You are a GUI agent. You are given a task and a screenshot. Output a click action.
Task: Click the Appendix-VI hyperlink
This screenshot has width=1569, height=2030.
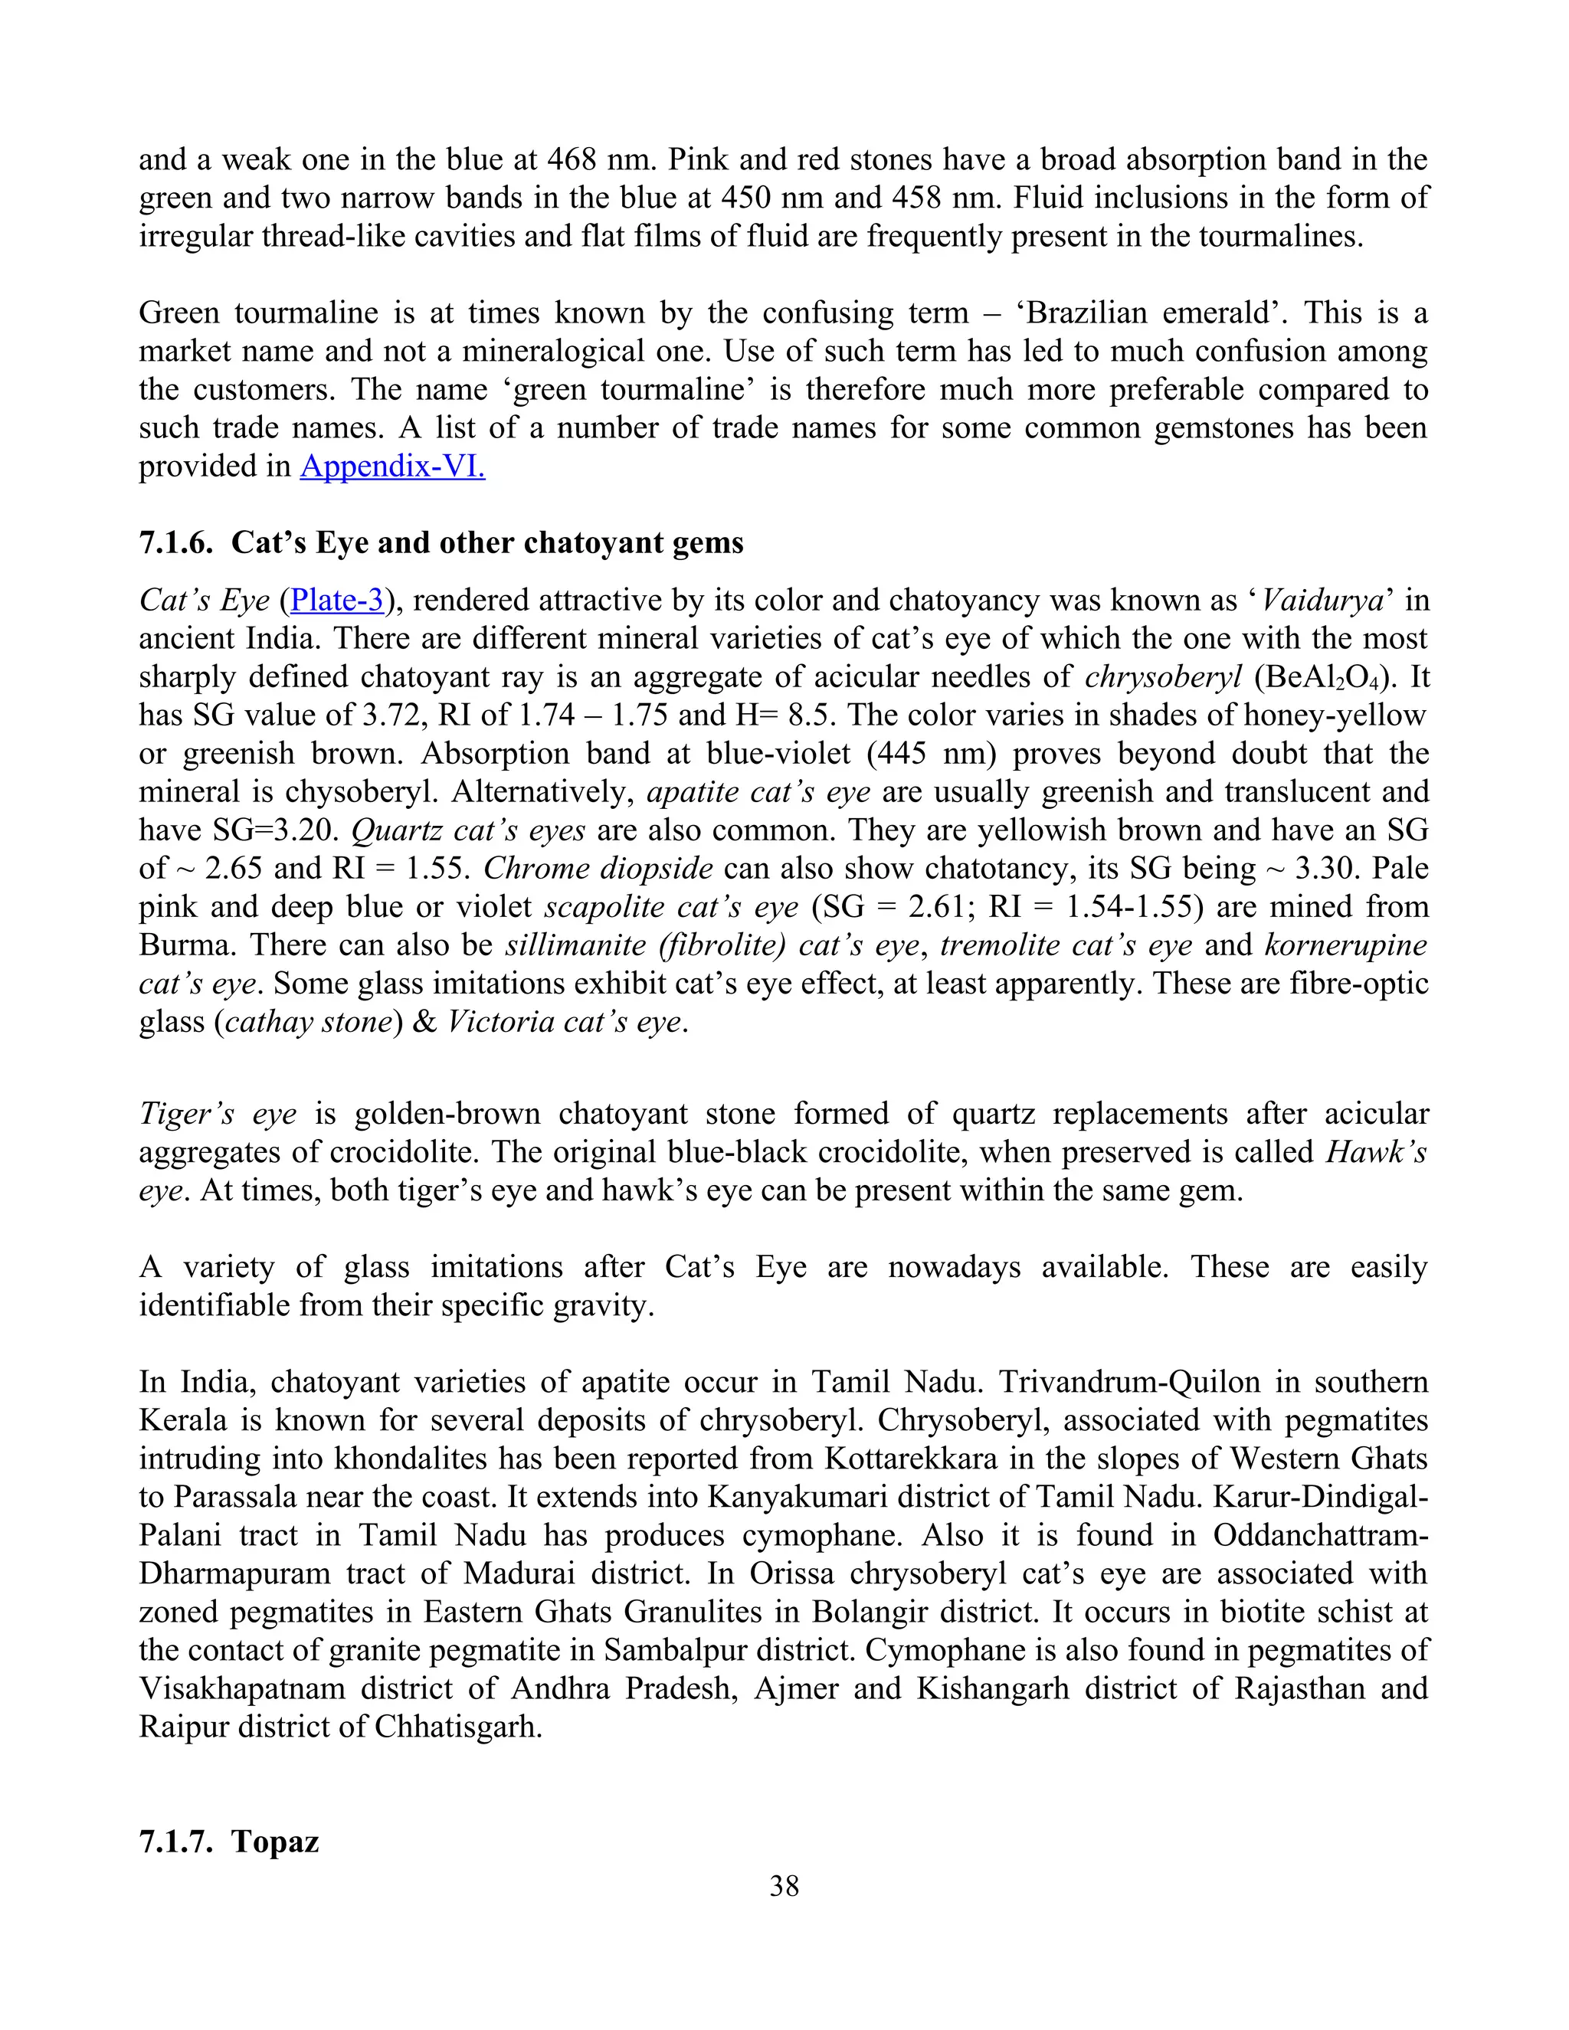(392, 466)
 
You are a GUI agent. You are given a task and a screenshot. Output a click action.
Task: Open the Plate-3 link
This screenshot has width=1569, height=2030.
(337, 601)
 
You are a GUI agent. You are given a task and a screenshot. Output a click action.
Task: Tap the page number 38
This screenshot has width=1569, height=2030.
(784, 1885)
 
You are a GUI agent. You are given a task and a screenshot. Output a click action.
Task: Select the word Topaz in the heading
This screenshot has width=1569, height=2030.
(275, 1840)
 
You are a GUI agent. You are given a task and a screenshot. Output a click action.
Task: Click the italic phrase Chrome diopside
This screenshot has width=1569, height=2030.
(598, 868)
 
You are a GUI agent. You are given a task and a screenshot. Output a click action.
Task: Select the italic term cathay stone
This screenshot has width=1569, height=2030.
(308, 1021)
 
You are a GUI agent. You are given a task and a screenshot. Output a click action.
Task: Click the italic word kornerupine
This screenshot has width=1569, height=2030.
(1345, 945)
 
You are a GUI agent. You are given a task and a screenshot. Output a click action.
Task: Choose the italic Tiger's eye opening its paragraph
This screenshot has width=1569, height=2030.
(218, 1114)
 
